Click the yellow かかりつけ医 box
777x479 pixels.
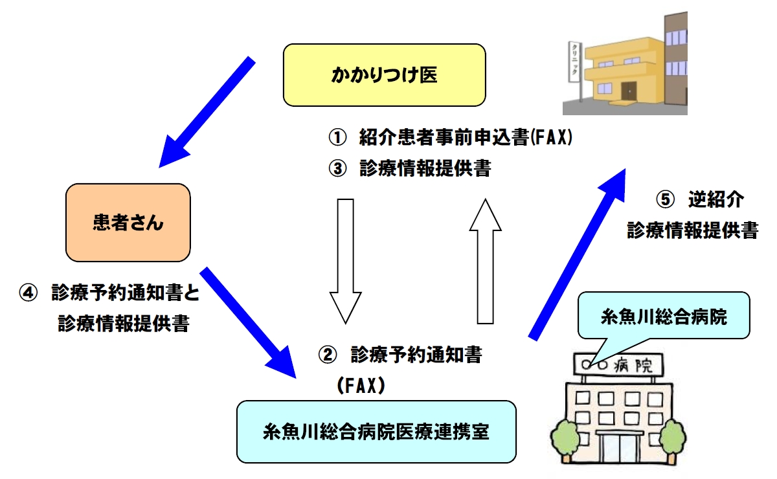pos(385,75)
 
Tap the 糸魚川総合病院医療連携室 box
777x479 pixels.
pos(376,432)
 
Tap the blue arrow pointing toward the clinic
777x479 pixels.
pos(576,252)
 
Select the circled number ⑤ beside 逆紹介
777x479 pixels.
pos(666,200)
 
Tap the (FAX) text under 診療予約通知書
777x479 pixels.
pos(361,386)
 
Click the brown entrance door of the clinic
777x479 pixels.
pos(629,90)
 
